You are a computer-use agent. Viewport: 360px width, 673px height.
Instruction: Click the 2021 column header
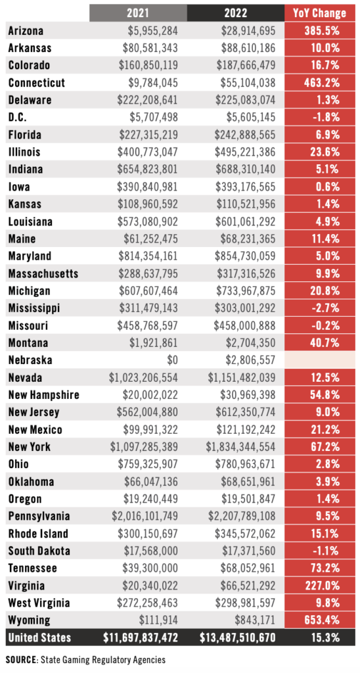click(x=138, y=12)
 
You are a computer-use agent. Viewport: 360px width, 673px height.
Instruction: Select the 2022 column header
click(x=236, y=12)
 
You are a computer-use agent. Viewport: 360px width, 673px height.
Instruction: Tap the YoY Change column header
click(x=320, y=12)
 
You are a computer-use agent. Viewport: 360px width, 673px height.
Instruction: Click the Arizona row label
click(x=26, y=31)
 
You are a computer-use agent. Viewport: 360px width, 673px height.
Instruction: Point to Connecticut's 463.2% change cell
click(x=320, y=83)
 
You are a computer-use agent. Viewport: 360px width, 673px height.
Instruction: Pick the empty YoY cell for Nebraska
click(x=320, y=360)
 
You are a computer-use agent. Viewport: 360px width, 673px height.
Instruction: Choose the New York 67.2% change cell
click(x=320, y=447)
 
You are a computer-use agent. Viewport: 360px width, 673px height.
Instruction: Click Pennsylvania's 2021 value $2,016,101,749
click(x=137, y=517)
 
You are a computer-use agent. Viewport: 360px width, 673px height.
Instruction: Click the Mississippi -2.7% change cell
click(x=320, y=308)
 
